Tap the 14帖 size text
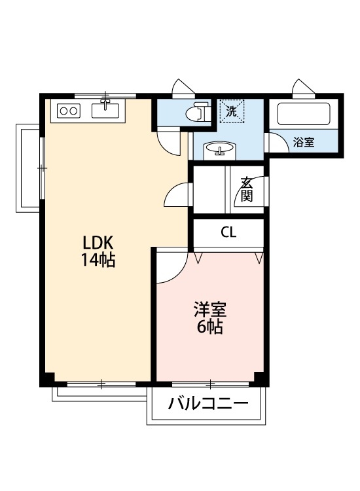point(98,260)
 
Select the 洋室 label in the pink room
point(209,308)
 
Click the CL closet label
point(228,232)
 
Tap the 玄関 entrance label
point(246,189)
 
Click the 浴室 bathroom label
point(303,142)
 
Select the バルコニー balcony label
point(208,403)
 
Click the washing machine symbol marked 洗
point(231,111)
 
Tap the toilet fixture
point(198,113)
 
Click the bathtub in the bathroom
point(304,114)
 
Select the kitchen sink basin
point(105,109)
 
